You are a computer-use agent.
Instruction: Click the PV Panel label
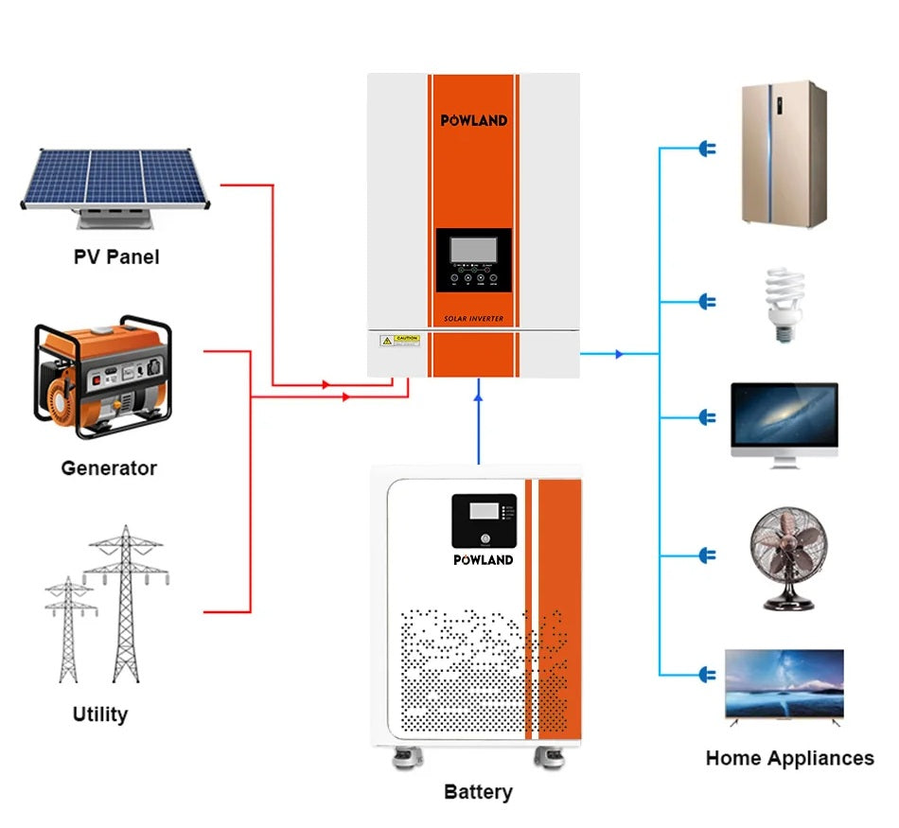coord(116,256)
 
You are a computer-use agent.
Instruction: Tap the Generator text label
coord(109,467)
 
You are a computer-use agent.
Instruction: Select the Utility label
coord(100,713)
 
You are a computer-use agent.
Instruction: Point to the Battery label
coord(478,791)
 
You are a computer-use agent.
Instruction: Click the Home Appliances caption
coord(789,758)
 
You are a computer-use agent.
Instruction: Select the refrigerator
coord(784,154)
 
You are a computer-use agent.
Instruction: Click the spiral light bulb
coord(784,304)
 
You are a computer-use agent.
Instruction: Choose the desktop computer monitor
coord(784,423)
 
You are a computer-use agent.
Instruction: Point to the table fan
coord(783,559)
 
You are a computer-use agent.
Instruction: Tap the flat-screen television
coord(784,686)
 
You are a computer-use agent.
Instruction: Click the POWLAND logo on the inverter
coord(474,120)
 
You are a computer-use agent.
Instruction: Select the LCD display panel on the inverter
coord(474,250)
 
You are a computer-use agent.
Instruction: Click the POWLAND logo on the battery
coord(483,559)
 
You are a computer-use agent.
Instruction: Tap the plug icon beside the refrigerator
coord(707,149)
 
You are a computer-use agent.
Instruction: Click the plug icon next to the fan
coord(707,555)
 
